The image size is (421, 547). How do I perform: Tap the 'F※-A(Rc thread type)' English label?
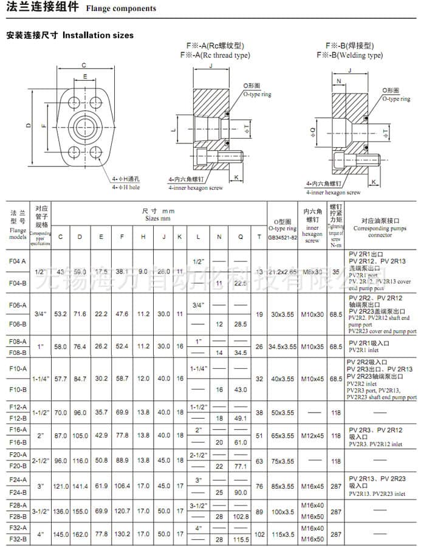click(215, 55)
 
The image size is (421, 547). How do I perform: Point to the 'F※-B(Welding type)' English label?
click(349, 55)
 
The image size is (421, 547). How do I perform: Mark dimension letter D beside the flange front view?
click(28, 125)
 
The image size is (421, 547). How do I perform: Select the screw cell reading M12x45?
click(313, 436)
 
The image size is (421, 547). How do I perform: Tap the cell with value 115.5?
click(241, 539)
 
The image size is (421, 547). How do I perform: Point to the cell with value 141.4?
click(80, 486)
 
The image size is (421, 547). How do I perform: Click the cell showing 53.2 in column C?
click(60, 314)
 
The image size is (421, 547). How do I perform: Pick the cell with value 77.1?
click(241, 466)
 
